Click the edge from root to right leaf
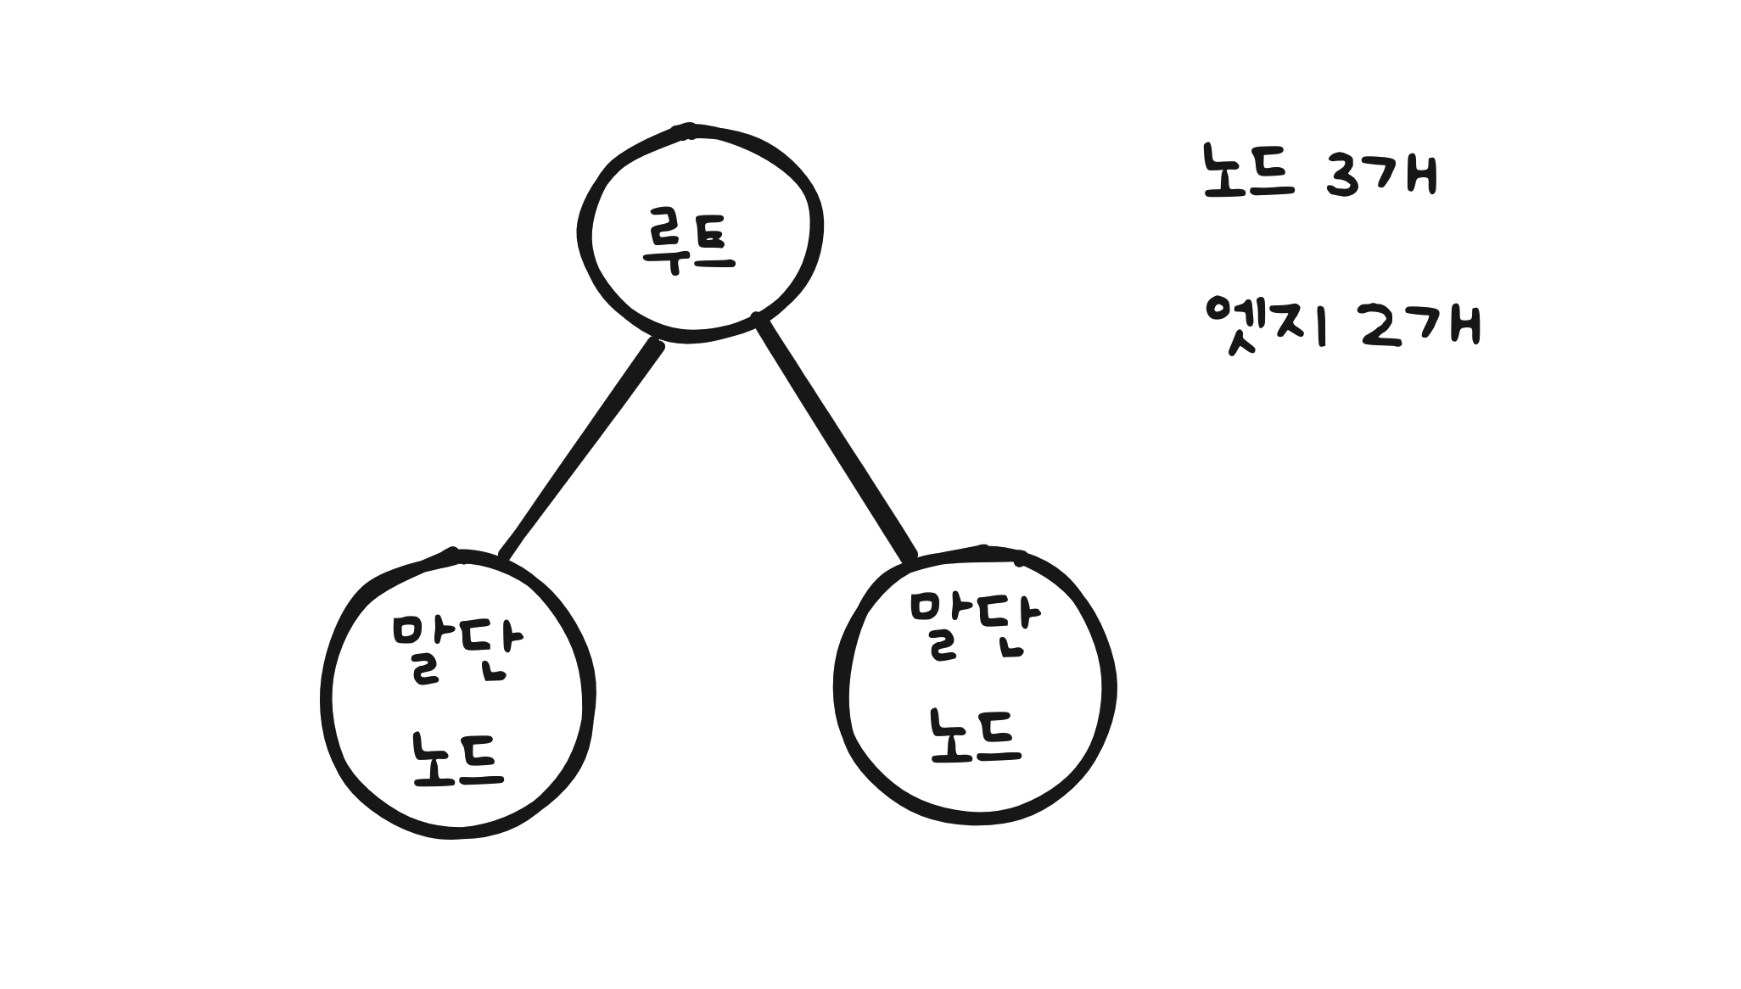click(x=836, y=437)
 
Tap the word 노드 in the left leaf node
click(x=458, y=759)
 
